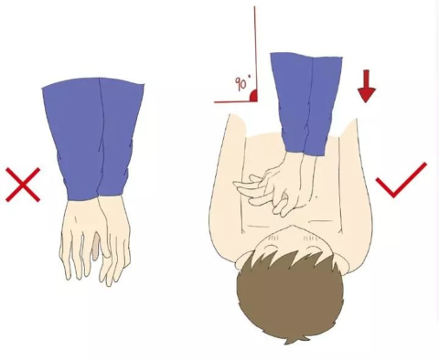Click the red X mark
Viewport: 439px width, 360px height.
point(23,185)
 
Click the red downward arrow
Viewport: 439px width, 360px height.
point(367,86)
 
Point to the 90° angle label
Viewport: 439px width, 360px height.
point(243,82)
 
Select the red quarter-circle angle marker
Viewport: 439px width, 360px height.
point(252,96)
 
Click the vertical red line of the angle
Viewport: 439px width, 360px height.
point(255,54)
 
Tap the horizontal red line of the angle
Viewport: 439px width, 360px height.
point(235,101)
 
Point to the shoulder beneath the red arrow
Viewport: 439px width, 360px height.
point(349,130)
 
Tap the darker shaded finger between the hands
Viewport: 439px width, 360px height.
point(96,248)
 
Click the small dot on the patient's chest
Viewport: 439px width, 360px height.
point(316,197)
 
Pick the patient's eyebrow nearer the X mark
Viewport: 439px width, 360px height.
point(273,238)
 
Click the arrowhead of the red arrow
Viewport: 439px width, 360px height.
point(367,95)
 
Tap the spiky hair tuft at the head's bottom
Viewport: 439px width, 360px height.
point(293,340)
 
